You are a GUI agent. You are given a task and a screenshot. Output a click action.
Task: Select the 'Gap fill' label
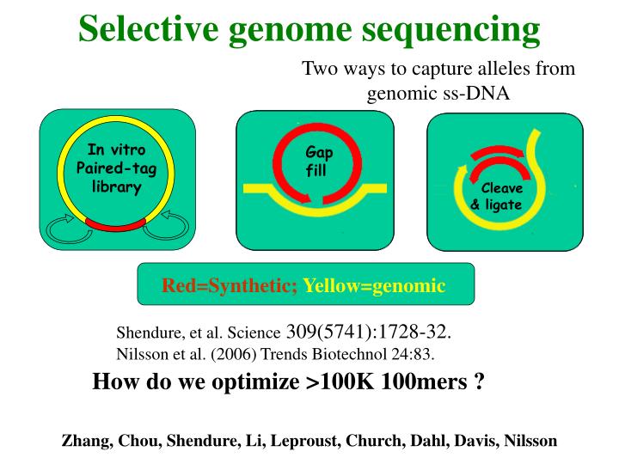(317, 162)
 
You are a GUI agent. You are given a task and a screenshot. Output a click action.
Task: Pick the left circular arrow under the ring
(64, 227)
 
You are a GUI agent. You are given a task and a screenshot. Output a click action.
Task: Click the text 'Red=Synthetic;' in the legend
(230, 285)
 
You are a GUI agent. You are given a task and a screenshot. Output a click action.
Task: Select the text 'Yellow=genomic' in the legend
(374, 285)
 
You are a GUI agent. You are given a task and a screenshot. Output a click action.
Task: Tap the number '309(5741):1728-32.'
(369, 333)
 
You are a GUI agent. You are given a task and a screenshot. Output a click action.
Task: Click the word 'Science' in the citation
(260, 333)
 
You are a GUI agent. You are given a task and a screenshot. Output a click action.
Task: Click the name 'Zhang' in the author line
(83, 441)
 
